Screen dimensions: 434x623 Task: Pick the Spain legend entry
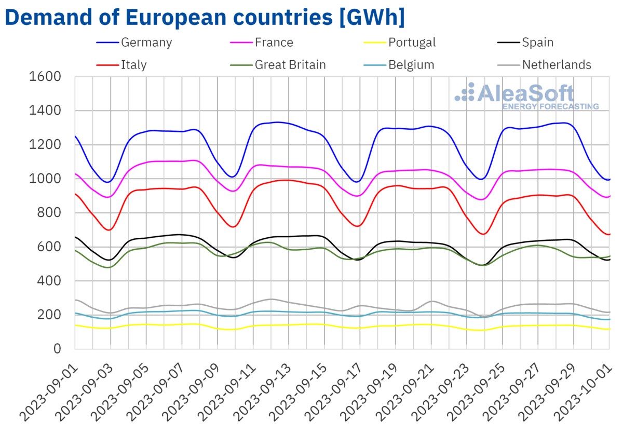click(538, 43)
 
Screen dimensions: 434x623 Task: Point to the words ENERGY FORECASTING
click(550, 106)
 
